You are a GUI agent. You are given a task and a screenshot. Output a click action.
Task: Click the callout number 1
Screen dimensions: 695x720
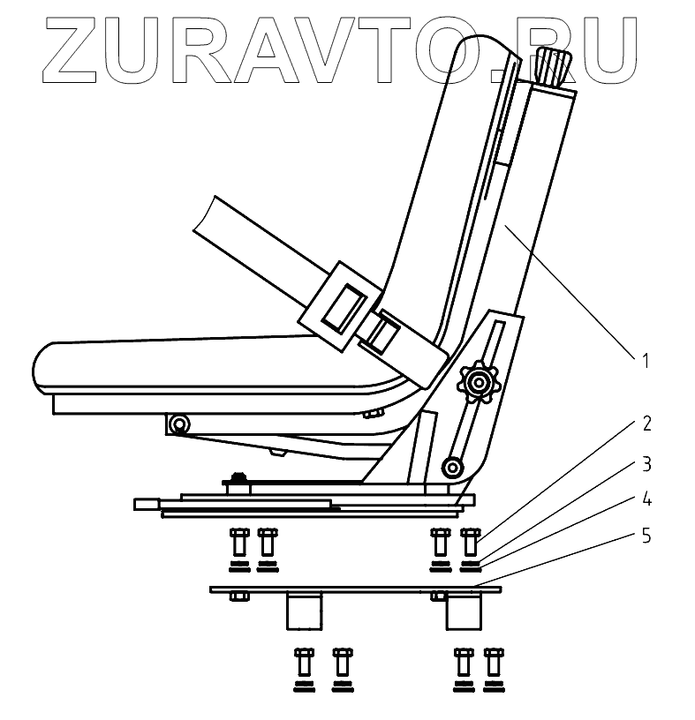click(x=646, y=361)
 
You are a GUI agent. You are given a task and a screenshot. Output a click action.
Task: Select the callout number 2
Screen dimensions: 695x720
click(x=646, y=424)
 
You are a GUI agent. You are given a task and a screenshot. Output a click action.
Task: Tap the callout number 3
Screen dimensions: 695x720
click(x=646, y=462)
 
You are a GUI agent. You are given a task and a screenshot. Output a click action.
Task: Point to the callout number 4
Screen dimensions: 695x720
click(x=646, y=499)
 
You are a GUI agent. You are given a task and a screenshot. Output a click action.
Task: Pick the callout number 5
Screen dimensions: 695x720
click(x=646, y=536)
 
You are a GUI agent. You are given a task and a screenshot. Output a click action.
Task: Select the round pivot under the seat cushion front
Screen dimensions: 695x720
click(x=180, y=424)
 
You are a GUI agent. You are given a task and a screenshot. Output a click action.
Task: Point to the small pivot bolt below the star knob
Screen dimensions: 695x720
click(x=454, y=465)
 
